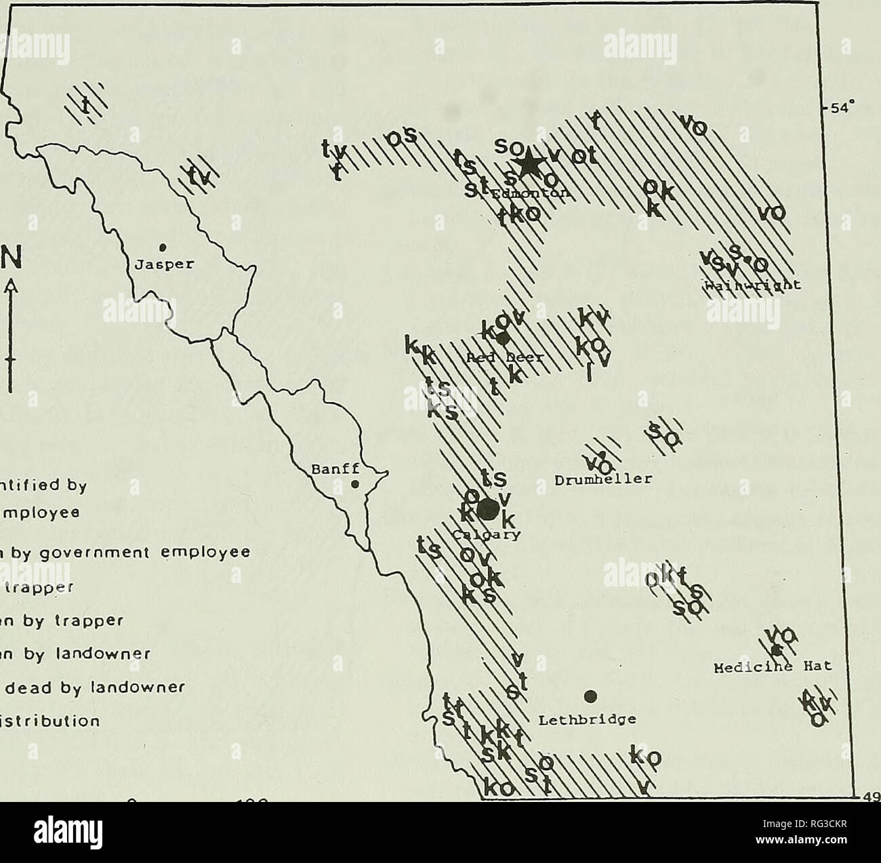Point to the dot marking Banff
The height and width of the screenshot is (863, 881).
354,484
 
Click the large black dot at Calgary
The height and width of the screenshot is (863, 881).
487,509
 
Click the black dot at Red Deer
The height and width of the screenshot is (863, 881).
502,338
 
